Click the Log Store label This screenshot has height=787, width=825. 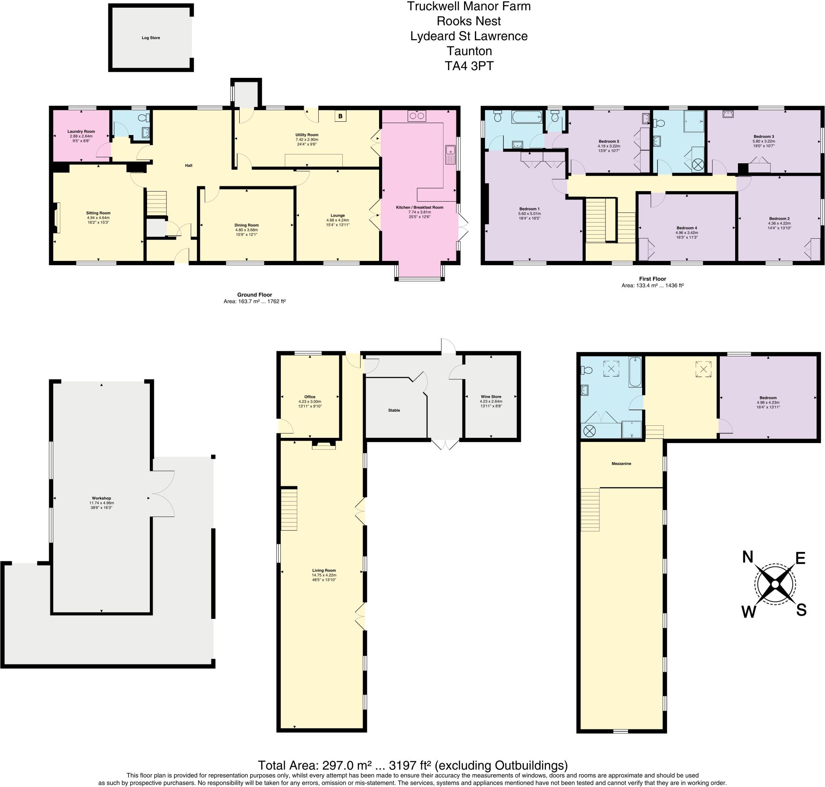pos(151,38)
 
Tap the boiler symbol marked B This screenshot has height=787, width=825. pos(340,116)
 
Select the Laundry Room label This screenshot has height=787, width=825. pos(81,131)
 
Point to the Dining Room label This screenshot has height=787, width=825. pos(247,225)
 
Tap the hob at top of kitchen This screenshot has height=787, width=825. pos(416,116)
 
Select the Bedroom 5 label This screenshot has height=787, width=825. pos(609,142)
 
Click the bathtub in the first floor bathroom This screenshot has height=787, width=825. pos(527,117)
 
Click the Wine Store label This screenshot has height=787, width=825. pos(491,396)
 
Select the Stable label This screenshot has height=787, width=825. pos(394,410)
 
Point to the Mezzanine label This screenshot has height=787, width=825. pos(621,464)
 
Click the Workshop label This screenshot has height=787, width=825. pos(101,498)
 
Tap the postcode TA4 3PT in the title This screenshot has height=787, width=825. pos(468,66)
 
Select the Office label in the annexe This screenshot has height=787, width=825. pos(310,397)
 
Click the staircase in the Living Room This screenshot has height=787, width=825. pos(289,508)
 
